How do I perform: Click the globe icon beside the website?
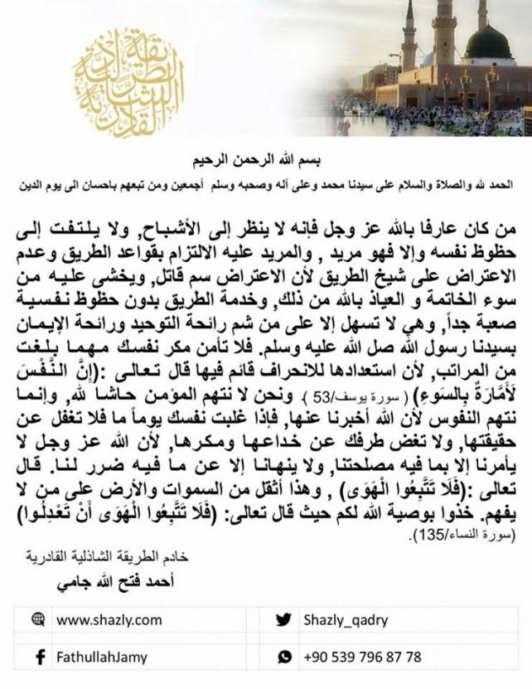pyautogui.click(x=37, y=619)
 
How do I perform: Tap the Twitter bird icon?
pyautogui.click(x=283, y=619)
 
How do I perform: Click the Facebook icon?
pyautogui.click(x=38, y=656)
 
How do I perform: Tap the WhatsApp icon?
pyautogui.click(x=284, y=656)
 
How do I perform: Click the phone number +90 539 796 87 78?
pyautogui.click(x=363, y=656)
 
